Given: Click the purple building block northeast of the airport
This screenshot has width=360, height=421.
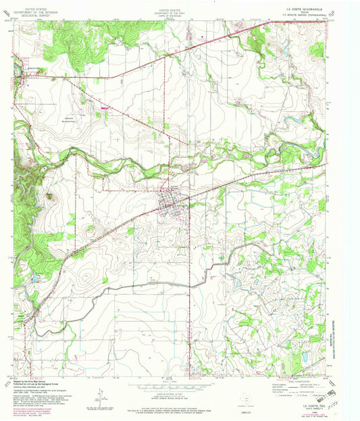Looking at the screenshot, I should click(x=103, y=107).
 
